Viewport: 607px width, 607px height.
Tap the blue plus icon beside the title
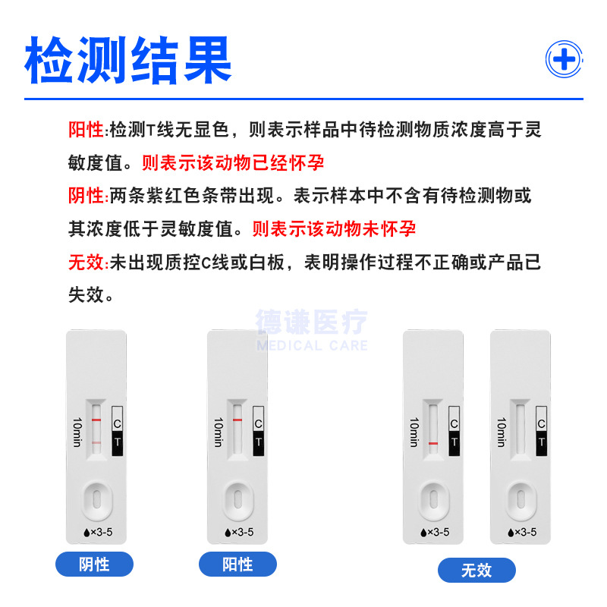pyautogui.click(x=565, y=59)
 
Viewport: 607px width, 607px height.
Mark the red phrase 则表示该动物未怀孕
pyautogui.click(x=334, y=228)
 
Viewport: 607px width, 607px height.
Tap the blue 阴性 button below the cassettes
pyautogui.click(x=95, y=565)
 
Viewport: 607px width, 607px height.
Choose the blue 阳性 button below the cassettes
pyautogui.click(x=237, y=565)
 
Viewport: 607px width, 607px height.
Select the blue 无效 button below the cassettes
pyautogui.click(x=476, y=570)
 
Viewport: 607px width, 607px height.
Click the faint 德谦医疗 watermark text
pyautogui.click(x=312, y=322)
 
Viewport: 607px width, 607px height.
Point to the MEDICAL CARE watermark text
pyautogui.click(x=312, y=346)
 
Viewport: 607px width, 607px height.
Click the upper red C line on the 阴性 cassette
pyautogui.click(x=96, y=420)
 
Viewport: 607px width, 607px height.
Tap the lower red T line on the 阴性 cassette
pyautogui.click(x=96, y=442)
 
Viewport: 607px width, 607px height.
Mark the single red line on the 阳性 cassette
pyautogui.click(x=237, y=420)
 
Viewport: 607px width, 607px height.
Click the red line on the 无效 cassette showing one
pyautogui.click(x=433, y=442)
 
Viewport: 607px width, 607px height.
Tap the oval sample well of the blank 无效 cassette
pyautogui.click(x=521, y=498)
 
